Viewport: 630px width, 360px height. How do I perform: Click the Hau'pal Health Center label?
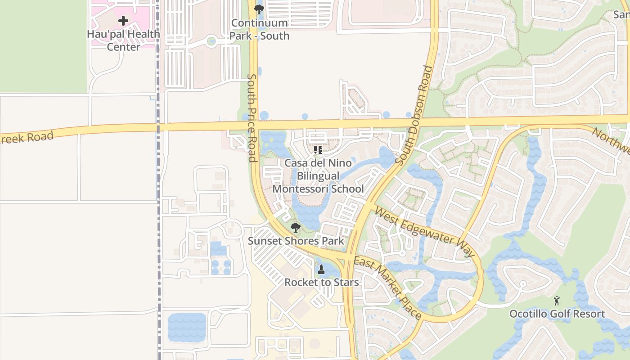point(123,40)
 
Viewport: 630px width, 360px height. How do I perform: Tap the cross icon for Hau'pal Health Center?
point(123,20)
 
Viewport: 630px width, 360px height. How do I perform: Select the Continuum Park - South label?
point(259,29)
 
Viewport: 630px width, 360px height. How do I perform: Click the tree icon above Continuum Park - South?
point(259,9)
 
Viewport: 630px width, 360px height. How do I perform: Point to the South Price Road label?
point(252,118)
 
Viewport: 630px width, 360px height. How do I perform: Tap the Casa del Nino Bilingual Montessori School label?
point(318,175)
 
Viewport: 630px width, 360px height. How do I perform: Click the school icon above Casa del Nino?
point(318,149)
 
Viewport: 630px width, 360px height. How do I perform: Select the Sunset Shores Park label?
point(296,241)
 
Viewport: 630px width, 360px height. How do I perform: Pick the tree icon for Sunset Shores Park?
point(296,227)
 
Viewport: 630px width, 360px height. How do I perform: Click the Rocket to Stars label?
point(321,283)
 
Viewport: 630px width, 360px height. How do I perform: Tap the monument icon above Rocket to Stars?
point(321,270)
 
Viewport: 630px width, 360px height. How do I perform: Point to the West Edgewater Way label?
point(424,232)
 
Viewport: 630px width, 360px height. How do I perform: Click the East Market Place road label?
point(387,287)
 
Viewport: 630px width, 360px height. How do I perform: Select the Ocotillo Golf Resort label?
point(557,314)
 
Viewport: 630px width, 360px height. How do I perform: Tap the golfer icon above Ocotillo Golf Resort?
point(557,300)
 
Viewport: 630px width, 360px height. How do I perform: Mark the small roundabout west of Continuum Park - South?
point(211,42)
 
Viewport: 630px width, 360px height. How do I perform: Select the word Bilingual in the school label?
point(318,175)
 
